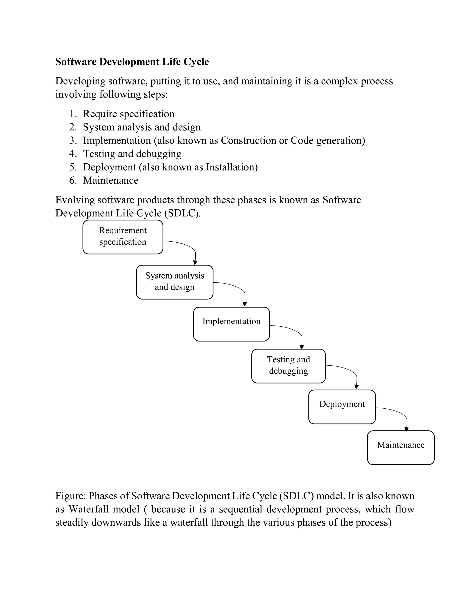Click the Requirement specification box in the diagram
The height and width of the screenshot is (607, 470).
point(123,237)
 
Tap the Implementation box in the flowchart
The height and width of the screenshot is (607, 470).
point(231,324)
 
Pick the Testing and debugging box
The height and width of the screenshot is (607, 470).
point(288,366)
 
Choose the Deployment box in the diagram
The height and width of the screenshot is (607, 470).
point(342,407)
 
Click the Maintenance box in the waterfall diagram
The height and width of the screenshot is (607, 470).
point(401,448)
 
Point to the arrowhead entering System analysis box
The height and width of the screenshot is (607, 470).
point(195,263)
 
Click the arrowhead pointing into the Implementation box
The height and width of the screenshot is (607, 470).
point(245,304)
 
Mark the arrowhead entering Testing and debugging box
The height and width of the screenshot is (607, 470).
point(302,347)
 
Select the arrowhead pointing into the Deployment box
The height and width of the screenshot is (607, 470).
point(356,387)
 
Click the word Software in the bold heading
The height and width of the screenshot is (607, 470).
point(76,62)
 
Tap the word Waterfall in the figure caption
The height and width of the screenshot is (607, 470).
point(89,509)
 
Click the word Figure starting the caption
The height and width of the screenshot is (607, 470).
point(70,496)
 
